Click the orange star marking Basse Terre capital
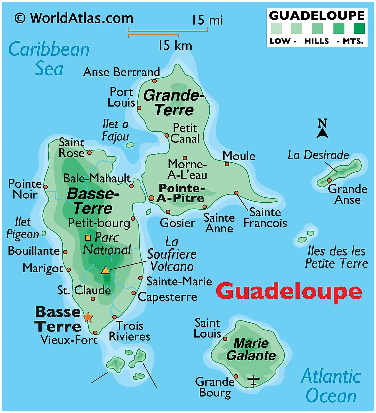tap(88, 317)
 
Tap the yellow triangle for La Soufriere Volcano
tap(105, 270)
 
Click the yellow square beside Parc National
tap(88, 238)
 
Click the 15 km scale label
tap(175, 45)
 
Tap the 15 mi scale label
tap(207, 20)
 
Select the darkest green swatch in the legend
tap(359, 28)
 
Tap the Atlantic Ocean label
tap(331, 386)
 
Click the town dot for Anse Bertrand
tap(154, 81)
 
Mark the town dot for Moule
tap(227, 164)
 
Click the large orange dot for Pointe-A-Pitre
tap(152, 198)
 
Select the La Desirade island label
tap(318, 155)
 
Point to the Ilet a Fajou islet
tap(130, 145)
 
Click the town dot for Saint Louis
tap(225, 339)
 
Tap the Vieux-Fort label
tap(69, 340)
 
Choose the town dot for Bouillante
tap(65, 252)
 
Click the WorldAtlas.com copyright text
tap(74, 19)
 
